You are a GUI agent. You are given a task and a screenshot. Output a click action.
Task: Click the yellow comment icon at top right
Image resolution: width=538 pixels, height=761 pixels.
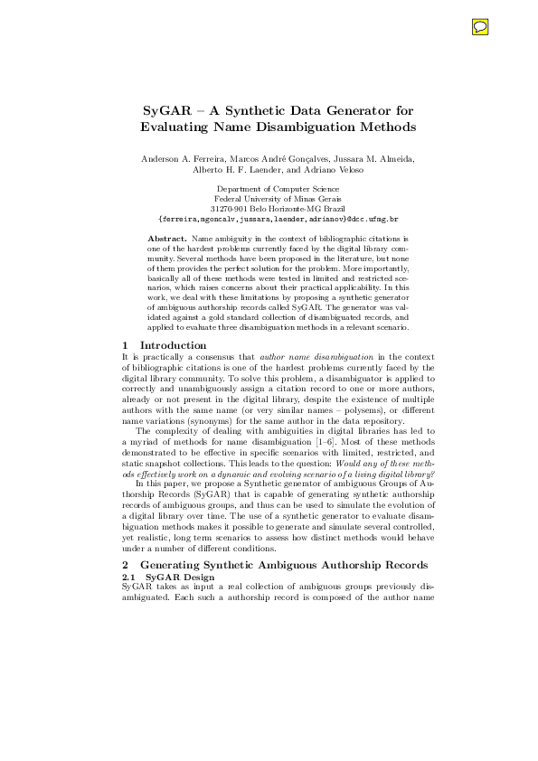[480, 27]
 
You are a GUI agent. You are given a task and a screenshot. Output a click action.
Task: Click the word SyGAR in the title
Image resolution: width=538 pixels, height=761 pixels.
[168, 111]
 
